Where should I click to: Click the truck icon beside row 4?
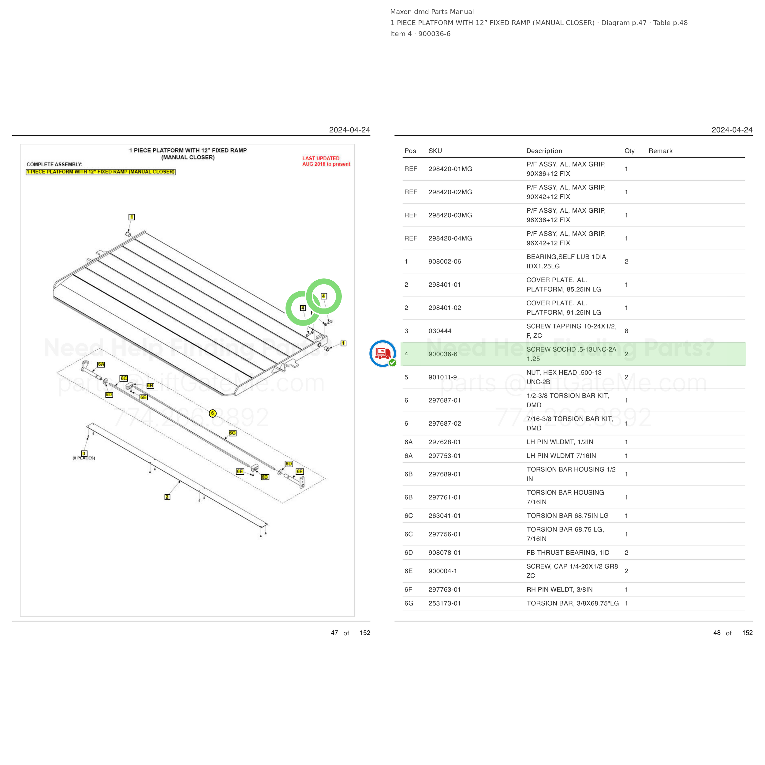(x=382, y=353)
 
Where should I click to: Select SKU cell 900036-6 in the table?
(x=443, y=354)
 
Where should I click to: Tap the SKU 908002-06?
(x=445, y=261)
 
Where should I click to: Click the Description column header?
(x=544, y=151)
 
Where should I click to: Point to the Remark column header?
(x=660, y=151)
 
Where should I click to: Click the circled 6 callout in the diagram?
(x=213, y=413)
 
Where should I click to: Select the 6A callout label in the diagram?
(x=101, y=364)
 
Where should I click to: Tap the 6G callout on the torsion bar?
(x=233, y=433)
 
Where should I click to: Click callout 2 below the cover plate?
(x=167, y=497)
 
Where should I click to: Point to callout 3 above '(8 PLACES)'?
(x=84, y=453)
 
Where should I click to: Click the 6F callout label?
(x=300, y=471)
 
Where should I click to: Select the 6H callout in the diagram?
(x=150, y=385)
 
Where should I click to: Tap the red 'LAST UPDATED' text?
(x=321, y=159)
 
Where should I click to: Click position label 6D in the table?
(x=409, y=553)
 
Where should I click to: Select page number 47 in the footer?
(x=334, y=633)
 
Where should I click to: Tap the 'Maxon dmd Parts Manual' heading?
(x=432, y=12)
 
